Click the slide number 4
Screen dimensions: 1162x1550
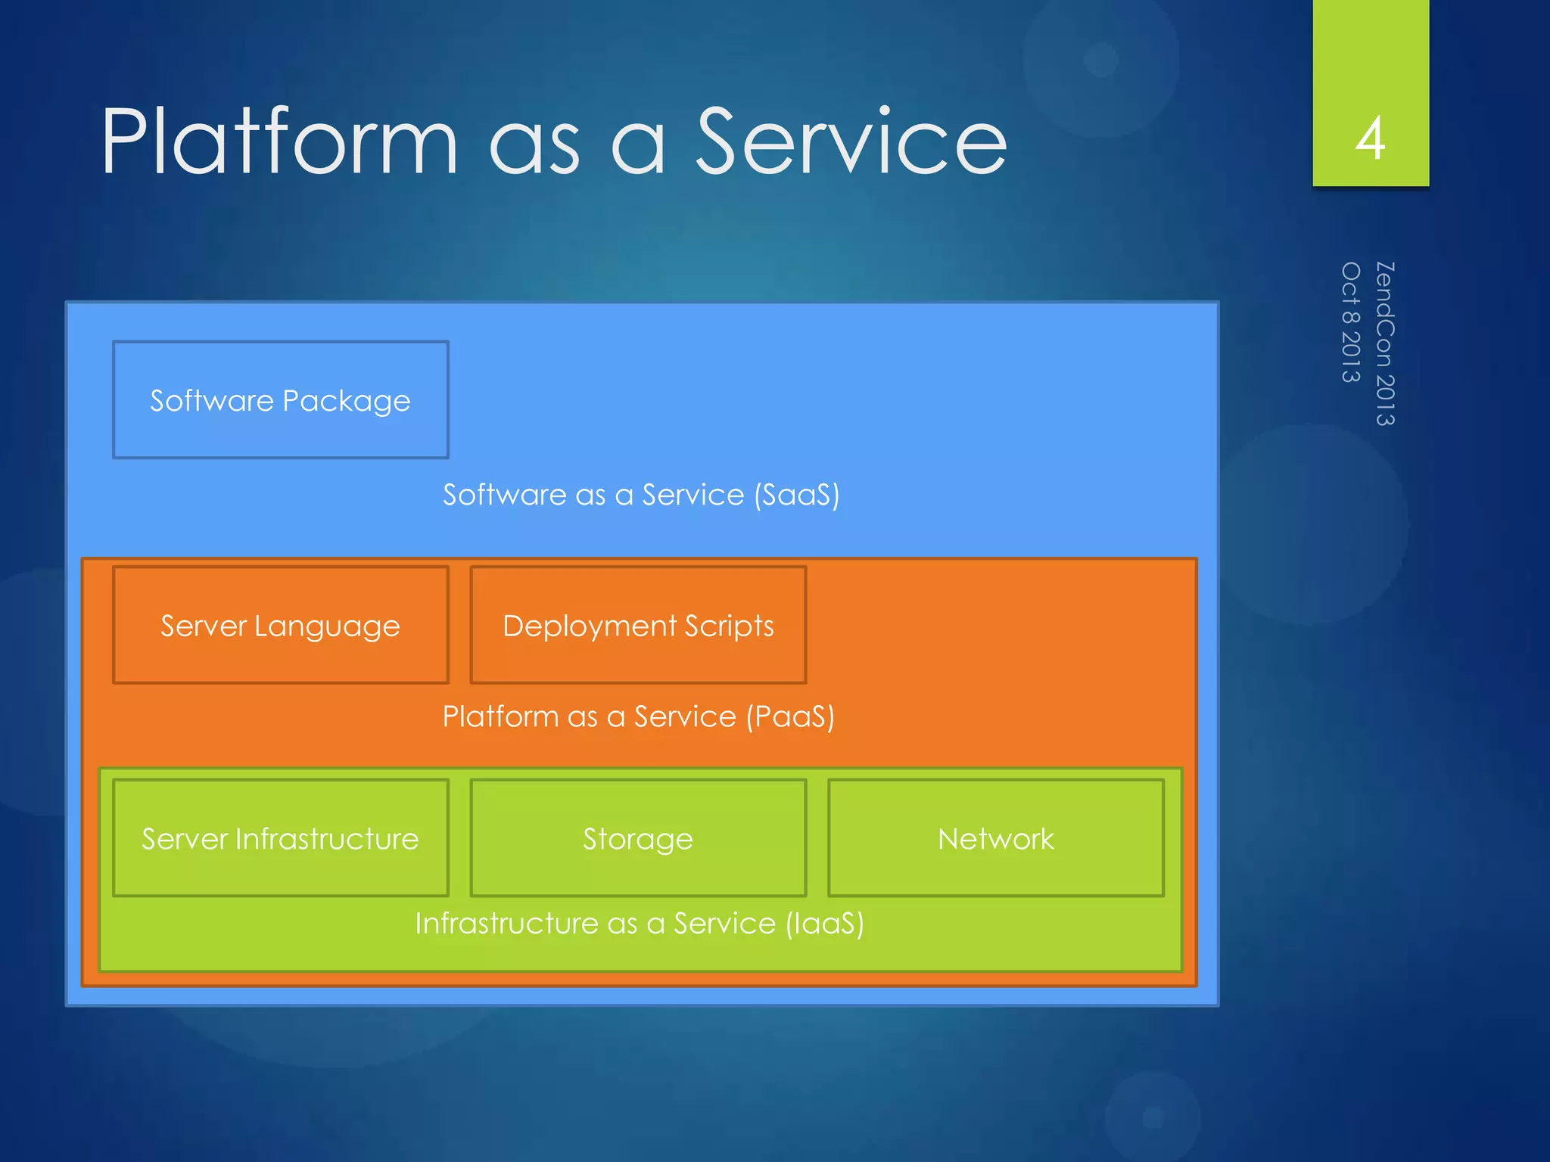tap(1370, 139)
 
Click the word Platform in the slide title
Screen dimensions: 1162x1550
tap(280, 141)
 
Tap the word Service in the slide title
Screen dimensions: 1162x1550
tap(851, 141)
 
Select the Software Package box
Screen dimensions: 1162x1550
tap(281, 399)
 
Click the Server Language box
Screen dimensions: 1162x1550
tap(281, 625)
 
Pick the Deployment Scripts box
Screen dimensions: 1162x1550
tap(638, 625)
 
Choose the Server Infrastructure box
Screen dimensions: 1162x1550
tap(281, 838)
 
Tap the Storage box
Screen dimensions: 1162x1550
tap(638, 838)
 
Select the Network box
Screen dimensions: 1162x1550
tap(995, 838)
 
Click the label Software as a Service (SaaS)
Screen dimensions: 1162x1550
tap(640, 495)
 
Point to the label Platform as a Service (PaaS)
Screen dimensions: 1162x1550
tap(638, 716)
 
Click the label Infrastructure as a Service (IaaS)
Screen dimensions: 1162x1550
tap(640, 924)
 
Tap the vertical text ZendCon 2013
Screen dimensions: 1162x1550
tap(1385, 343)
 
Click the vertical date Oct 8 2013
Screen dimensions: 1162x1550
tap(1351, 322)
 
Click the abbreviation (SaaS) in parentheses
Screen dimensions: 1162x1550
tap(796, 495)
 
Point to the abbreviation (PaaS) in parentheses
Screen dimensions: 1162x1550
tap(790, 716)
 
